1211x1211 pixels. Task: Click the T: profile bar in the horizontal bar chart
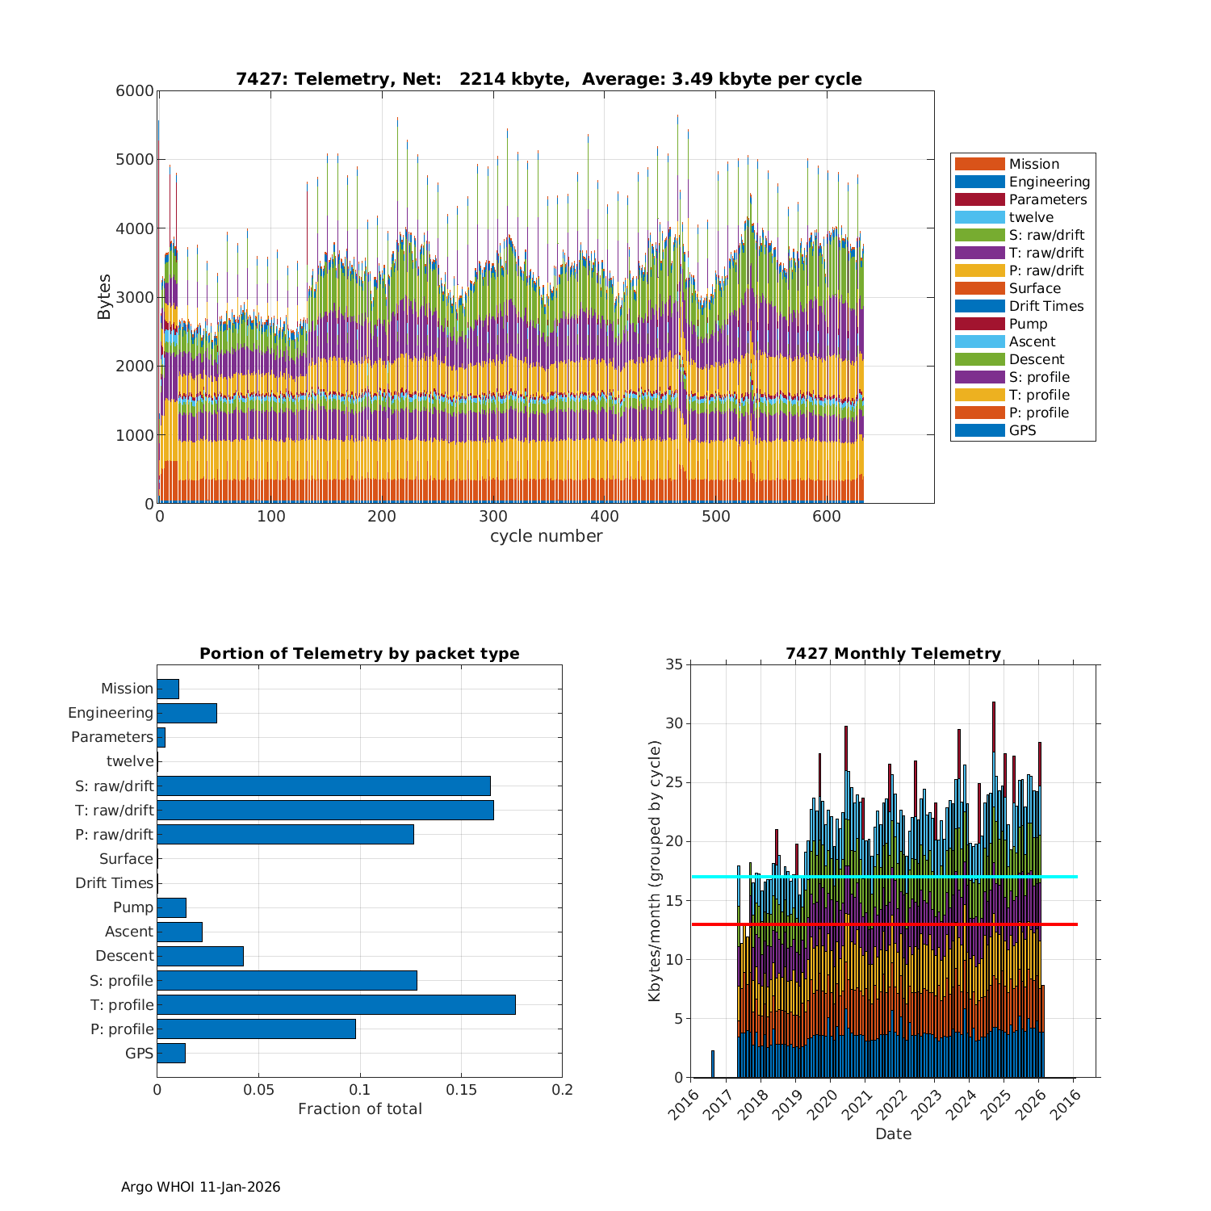tap(336, 1004)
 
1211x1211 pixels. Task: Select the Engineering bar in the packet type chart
tap(186, 713)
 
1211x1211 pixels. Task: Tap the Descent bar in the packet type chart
tap(200, 956)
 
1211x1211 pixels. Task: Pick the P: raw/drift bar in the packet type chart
tap(285, 834)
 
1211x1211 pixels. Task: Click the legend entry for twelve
tap(1031, 217)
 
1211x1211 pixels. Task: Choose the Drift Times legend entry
tap(1045, 306)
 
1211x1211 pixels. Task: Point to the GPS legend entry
tap(1022, 430)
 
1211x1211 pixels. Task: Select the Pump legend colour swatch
tap(979, 324)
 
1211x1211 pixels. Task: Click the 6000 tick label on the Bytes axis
tap(135, 91)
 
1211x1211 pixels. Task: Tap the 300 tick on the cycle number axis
tap(492, 518)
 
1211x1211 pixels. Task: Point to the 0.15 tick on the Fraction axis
tap(461, 1090)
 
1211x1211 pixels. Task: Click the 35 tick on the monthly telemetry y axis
tap(673, 665)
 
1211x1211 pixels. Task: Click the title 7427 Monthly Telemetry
tap(893, 654)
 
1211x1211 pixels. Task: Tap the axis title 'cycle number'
tap(546, 536)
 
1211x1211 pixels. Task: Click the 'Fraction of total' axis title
tap(359, 1109)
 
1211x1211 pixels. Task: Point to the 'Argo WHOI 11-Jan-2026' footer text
tap(200, 1187)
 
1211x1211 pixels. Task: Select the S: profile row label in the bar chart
tap(121, 981)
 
